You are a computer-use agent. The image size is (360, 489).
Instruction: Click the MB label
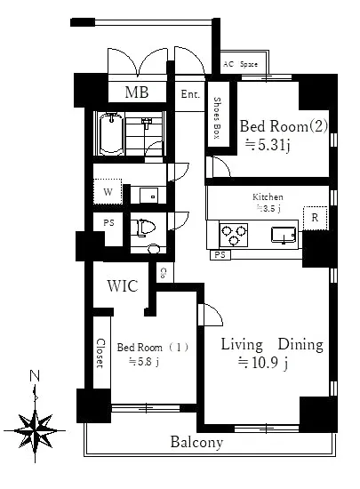click(137, 92)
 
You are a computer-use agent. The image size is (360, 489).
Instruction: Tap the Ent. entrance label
click(190, 94)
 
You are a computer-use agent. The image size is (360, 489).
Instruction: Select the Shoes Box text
click(217, 118)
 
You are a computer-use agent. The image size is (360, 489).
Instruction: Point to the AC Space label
click(240, 64)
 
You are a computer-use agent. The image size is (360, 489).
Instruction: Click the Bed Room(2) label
click(284, 126)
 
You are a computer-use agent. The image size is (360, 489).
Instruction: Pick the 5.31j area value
click(268, 145)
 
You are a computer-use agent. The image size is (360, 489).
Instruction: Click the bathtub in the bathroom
click(111, 133)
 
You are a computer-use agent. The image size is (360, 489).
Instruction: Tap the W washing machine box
click(108, 191)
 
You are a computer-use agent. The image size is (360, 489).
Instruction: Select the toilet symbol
click(143, 228)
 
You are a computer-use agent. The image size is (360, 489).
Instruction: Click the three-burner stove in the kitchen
click(234, 235)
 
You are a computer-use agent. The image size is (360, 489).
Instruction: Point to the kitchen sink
click(284, 235)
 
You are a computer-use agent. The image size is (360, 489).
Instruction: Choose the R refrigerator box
click(316, 218)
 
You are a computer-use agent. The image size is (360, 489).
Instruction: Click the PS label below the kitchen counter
click(220, 255)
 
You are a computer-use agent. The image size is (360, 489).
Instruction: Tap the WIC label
click(123, 286)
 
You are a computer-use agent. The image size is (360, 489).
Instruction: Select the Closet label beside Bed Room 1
click(100, 353)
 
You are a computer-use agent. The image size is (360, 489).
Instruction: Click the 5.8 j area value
click(144, 362)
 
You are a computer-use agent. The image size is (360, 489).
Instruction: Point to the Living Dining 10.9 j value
click(263, 363)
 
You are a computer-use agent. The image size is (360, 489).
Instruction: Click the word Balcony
click(197, 442)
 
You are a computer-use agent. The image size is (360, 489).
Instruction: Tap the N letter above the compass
click(35, 376)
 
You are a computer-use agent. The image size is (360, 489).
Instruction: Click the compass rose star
click(35, 431)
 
